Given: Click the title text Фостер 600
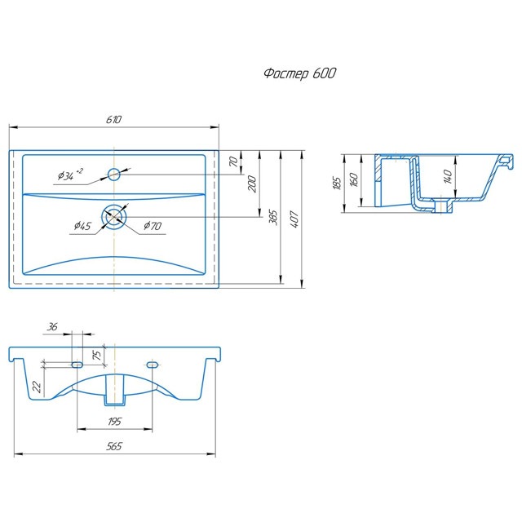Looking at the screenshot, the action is point(299,73).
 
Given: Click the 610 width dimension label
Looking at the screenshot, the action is point(114,120).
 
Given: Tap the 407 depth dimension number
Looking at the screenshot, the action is point(294,219).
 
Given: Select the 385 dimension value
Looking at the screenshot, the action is point(273,218).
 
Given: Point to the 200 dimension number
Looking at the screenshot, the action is point(252,184).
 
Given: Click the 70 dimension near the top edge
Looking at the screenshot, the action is point(234,161).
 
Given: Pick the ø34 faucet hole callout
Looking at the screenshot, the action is point(70,175).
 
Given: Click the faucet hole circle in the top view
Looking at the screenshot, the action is point(114,174).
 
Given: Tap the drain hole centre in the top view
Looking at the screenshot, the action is point(114,217).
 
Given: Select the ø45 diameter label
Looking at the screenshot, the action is point(82,226).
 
